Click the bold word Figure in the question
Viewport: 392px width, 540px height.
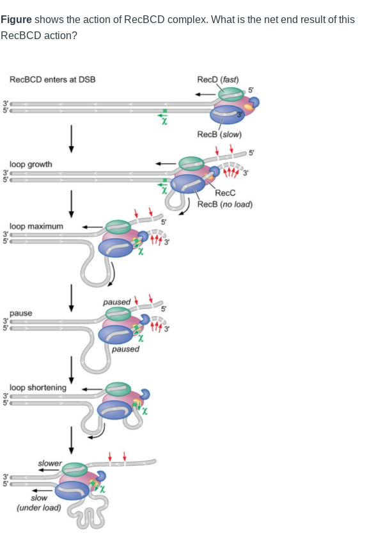(x=16, y=20)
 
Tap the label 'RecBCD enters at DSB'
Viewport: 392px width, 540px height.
(x=52, y=79)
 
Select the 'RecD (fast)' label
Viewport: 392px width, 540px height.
(x=217, y=79)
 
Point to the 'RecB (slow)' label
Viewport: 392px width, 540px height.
(x=219, y=135)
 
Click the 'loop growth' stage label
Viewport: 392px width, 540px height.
(x=31, y=164)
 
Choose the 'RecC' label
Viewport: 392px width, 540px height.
(x=225, y=193)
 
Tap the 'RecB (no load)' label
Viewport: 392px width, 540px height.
(x=225, y=204)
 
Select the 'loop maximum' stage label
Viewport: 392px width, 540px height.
(x=36, y=226)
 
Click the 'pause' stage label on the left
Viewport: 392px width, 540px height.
(x=20, y=313)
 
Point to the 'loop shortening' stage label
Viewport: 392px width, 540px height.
(x=38, y=388)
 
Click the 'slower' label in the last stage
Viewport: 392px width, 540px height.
(x=50, y=463)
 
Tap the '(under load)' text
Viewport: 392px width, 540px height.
(x=39, y=507)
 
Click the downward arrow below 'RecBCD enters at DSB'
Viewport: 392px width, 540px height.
(x=72, y=138)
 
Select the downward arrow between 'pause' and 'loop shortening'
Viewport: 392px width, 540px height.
(x=72, y=368)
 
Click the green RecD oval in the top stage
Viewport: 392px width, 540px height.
(x=230, y=94)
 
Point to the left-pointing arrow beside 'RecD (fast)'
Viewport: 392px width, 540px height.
(x=205, y=94)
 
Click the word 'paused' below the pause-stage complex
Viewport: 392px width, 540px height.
(x=125, y=349)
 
